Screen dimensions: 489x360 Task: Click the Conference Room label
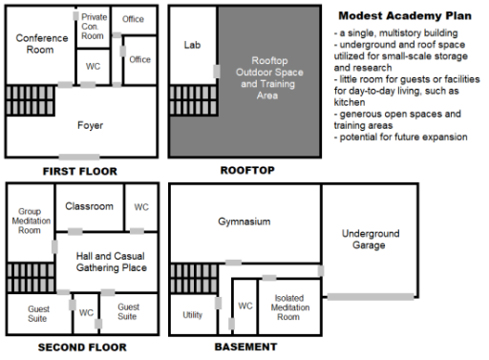42,44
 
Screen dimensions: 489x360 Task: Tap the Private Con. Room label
94,27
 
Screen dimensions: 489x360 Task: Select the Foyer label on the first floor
90,125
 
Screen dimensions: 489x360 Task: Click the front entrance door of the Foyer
79,157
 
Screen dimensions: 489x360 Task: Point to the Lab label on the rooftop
192,45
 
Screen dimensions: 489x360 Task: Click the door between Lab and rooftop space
217,72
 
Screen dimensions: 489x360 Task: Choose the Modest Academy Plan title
405,15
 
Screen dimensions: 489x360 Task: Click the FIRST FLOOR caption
80,171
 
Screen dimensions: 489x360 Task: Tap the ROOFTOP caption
247,170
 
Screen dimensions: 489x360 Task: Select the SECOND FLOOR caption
82,347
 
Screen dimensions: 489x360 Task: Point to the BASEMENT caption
245,347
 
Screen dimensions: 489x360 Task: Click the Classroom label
89,206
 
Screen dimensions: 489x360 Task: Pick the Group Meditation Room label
31,221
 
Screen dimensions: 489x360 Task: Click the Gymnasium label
244,222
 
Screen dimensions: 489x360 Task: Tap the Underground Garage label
371,240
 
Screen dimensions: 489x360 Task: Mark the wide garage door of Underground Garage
371,297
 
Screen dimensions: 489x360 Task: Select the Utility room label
192,315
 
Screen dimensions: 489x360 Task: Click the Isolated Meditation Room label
290,307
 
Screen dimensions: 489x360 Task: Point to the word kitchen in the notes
350,102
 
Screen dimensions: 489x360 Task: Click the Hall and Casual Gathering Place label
112,262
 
